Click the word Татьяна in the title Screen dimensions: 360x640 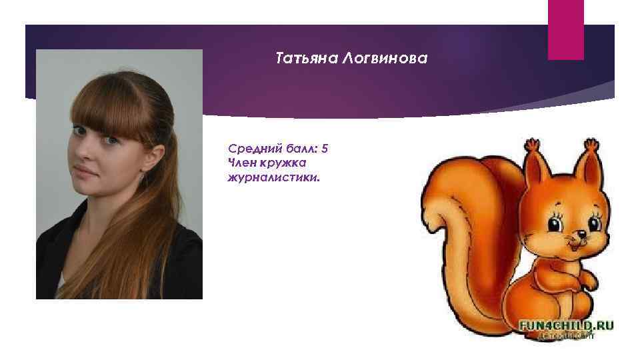(306, 59)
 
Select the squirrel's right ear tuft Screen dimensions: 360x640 (590, 145)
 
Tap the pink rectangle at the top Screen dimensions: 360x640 (565, 30)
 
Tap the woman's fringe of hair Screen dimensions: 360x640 (107, 113)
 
